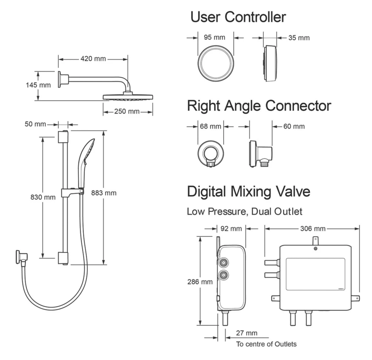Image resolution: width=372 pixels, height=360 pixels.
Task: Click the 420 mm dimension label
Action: point(93,58)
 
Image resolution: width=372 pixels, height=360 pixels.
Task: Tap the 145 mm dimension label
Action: point(38,85)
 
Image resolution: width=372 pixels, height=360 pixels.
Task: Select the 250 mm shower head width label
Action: point(127,111)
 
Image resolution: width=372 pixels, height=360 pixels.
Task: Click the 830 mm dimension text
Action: point(43,196)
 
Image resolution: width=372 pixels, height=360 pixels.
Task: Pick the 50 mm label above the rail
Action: point(35,124)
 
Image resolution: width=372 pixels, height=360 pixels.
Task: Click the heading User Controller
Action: point(238,17)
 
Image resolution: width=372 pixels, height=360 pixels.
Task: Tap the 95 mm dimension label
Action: point(214,37)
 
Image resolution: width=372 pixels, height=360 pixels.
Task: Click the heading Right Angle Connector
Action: point(259,106)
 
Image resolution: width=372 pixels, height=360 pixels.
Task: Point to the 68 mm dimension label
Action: point(211,127)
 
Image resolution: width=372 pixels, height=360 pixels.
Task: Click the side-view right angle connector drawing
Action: point(260,153)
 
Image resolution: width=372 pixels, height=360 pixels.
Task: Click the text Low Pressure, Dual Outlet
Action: point(244,212)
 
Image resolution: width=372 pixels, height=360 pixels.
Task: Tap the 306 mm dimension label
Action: point(312,228)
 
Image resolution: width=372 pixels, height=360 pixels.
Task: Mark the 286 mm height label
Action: point(200,281)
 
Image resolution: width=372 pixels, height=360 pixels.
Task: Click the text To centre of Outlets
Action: point(266,344)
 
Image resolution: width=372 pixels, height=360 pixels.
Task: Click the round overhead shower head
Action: point(128,97)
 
